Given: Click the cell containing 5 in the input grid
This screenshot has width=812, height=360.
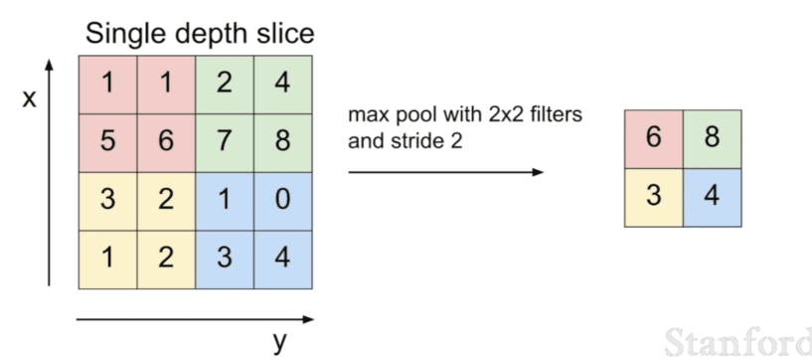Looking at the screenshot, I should pos(107,141).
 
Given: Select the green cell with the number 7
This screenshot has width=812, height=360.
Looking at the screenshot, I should pos(225,141).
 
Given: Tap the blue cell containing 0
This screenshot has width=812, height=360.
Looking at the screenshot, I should pos(283,199).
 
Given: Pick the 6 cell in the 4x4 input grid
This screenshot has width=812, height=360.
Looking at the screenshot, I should pos(166,141).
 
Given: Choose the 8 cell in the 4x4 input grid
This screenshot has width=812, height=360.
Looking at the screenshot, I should pos(283,141).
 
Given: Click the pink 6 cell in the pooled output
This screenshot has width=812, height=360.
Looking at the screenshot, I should pos(653,138).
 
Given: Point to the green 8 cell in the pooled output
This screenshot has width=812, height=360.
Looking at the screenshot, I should pos(712,138).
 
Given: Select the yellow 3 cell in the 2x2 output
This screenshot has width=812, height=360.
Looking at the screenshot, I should pos(653,197).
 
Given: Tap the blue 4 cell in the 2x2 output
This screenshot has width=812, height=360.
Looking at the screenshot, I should pos(712,197).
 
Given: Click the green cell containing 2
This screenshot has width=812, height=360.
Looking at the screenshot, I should pos(225,83).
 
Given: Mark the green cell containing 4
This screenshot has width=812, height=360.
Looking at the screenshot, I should pos(283,83).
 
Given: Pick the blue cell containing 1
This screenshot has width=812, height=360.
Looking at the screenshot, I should pos(225,199).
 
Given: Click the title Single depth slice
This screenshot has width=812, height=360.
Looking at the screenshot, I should pos(199,33).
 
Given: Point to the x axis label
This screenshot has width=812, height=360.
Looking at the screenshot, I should pos(29,99).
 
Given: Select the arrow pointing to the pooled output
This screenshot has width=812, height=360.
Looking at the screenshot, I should pos(446,172).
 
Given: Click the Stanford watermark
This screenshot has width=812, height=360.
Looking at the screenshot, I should pos(736,341).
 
